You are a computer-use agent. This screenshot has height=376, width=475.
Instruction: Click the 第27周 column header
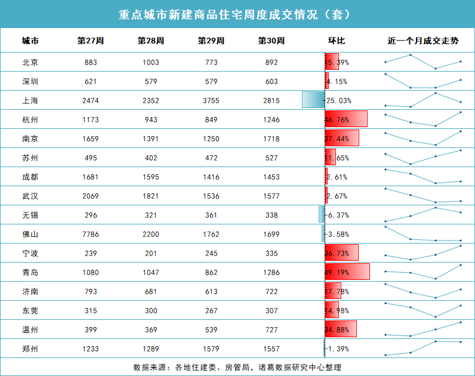tap(91, 41)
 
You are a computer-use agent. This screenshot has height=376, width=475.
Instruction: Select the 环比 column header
tap(337, 41)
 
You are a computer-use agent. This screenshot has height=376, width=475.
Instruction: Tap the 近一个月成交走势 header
tap(423, 41)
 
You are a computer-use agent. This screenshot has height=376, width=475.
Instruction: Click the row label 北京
tap(30, 62)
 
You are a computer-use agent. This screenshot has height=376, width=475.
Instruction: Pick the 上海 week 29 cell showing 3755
tap(211, 100)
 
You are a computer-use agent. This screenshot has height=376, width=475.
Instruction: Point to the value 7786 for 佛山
tap(91, 234)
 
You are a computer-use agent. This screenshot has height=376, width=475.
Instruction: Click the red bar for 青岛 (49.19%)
tap(347, 272)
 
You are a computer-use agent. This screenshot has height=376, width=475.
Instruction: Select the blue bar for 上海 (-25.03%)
tap(313, 100)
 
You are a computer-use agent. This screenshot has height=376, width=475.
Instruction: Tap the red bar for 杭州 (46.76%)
tap(346, 119)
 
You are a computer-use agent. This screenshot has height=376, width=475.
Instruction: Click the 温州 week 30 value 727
tap(271, 329)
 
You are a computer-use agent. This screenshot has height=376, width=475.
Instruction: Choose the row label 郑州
tap(30, 349)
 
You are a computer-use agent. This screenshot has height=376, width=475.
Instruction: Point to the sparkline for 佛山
tap(423, 234)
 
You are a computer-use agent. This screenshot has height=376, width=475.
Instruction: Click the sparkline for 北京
tap(423, 61)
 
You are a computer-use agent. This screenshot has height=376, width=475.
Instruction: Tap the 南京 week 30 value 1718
tap(271, 138)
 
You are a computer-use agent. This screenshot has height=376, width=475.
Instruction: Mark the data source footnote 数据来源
tap(237, 367)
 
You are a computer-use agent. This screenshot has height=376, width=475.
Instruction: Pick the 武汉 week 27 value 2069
tap(91, 196)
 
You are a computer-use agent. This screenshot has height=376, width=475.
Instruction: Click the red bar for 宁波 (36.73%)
tap(341, 253)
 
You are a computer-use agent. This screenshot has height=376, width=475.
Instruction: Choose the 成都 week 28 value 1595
tap(150, 177)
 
